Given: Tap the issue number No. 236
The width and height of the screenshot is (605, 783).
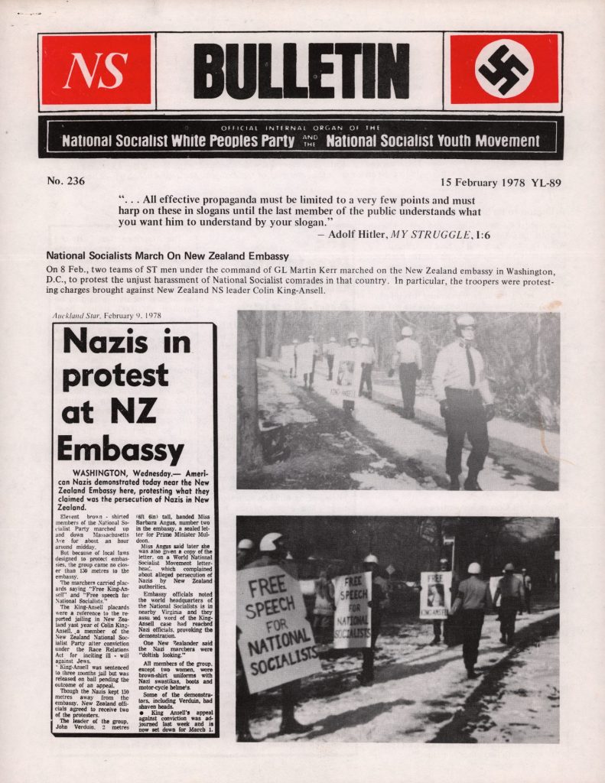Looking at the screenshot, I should (x=66, y=182).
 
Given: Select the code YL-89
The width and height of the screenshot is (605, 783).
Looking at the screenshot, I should (x=547, y=183).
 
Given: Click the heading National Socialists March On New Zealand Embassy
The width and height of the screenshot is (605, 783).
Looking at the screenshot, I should (x=168, y=255).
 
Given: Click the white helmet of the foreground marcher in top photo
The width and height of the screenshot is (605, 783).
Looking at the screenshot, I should (x=465, y=321).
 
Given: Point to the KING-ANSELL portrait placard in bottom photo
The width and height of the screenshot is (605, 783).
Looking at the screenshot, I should (x=435, y=594).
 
